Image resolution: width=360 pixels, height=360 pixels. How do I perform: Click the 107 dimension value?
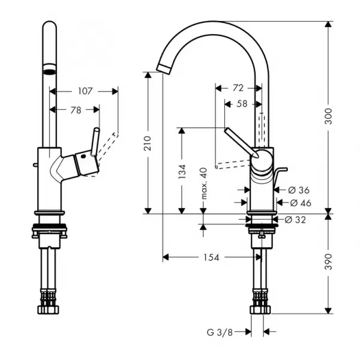click(85, 91)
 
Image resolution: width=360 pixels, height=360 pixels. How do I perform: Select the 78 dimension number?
click(76, 110)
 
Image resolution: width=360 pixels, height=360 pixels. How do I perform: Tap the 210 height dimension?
click(148, 143)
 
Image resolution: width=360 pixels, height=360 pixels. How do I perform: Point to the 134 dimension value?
click(182, 171)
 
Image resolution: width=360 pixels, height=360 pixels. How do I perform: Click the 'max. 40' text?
click(203, 184)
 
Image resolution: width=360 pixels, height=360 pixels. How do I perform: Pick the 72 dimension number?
click(238, 88)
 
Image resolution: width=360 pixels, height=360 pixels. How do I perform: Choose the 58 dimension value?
click(242, 104)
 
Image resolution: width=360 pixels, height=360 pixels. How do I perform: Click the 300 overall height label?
click(329, 116)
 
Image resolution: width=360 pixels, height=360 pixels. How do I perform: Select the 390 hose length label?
click(329, 262)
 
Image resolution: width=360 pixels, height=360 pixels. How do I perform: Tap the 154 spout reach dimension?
click(211, 257)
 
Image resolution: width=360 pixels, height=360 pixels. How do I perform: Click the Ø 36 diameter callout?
click(299, 190)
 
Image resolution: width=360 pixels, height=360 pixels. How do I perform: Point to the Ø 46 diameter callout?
click(301, 203)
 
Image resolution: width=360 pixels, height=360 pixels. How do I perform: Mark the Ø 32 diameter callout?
click(295, 220)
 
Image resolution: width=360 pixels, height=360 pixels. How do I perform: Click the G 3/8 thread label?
click(220, 332)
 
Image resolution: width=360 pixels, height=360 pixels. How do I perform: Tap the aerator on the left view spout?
click(49, 69)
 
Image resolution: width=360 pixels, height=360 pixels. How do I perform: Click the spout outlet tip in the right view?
click(163, 69)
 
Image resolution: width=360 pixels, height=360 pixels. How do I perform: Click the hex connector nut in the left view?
click(48, 310)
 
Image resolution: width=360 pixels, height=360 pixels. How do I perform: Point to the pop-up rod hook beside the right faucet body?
click(280, 174)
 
